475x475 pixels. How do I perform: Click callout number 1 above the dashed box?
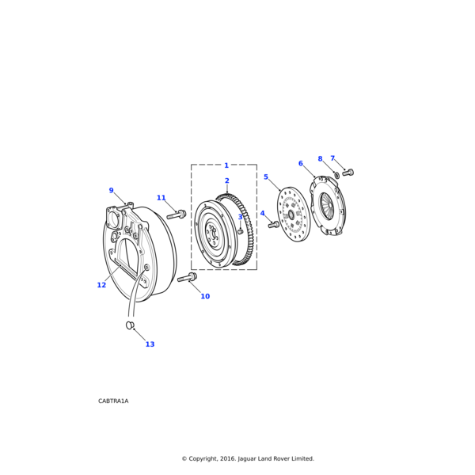click(x=226, y=165)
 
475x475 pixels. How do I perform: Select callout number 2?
click(x=226, y=181)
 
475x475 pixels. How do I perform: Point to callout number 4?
click(x=263, y=213)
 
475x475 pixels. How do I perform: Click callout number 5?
click(x=266, y=177)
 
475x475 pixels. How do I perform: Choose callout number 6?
click(x=300, y=164)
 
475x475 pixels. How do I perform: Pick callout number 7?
click(x=332, y=158)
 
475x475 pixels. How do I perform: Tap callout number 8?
click(x=320, y=159)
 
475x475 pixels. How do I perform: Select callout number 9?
click(x=111, y=191)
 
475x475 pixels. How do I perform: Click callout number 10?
click(x=205, y=296)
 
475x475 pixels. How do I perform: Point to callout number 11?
click(x=161, y=198)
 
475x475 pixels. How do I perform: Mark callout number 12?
click(x=101, y=285)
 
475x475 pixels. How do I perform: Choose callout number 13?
click(x=150, y=344)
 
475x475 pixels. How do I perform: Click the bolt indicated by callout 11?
click(x=177, y=215)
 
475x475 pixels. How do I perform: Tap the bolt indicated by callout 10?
click(x=188, y=277)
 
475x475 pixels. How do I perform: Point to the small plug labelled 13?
click(x=130, y=325)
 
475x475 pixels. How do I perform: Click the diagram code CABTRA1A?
click(x=113, y=401)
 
